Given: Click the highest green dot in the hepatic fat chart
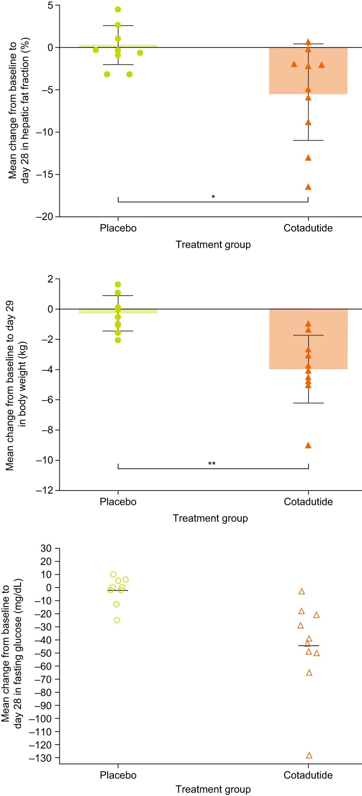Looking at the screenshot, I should [118, 9].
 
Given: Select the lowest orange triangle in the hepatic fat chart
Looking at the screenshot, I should [308, 187].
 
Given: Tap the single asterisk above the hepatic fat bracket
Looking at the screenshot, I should [213, 197].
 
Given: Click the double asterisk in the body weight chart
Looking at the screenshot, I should [212, 464].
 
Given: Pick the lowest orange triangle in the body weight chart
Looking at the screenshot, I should [308, 446].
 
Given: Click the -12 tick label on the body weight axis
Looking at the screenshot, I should [45, 490].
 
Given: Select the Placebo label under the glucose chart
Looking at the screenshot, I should [118, 775].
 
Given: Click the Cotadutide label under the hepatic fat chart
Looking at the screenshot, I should [308, 228].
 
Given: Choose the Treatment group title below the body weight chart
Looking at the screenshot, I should [210, 518].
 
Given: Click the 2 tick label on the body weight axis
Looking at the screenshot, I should [51, 279].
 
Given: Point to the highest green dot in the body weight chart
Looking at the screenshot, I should [118, 284].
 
